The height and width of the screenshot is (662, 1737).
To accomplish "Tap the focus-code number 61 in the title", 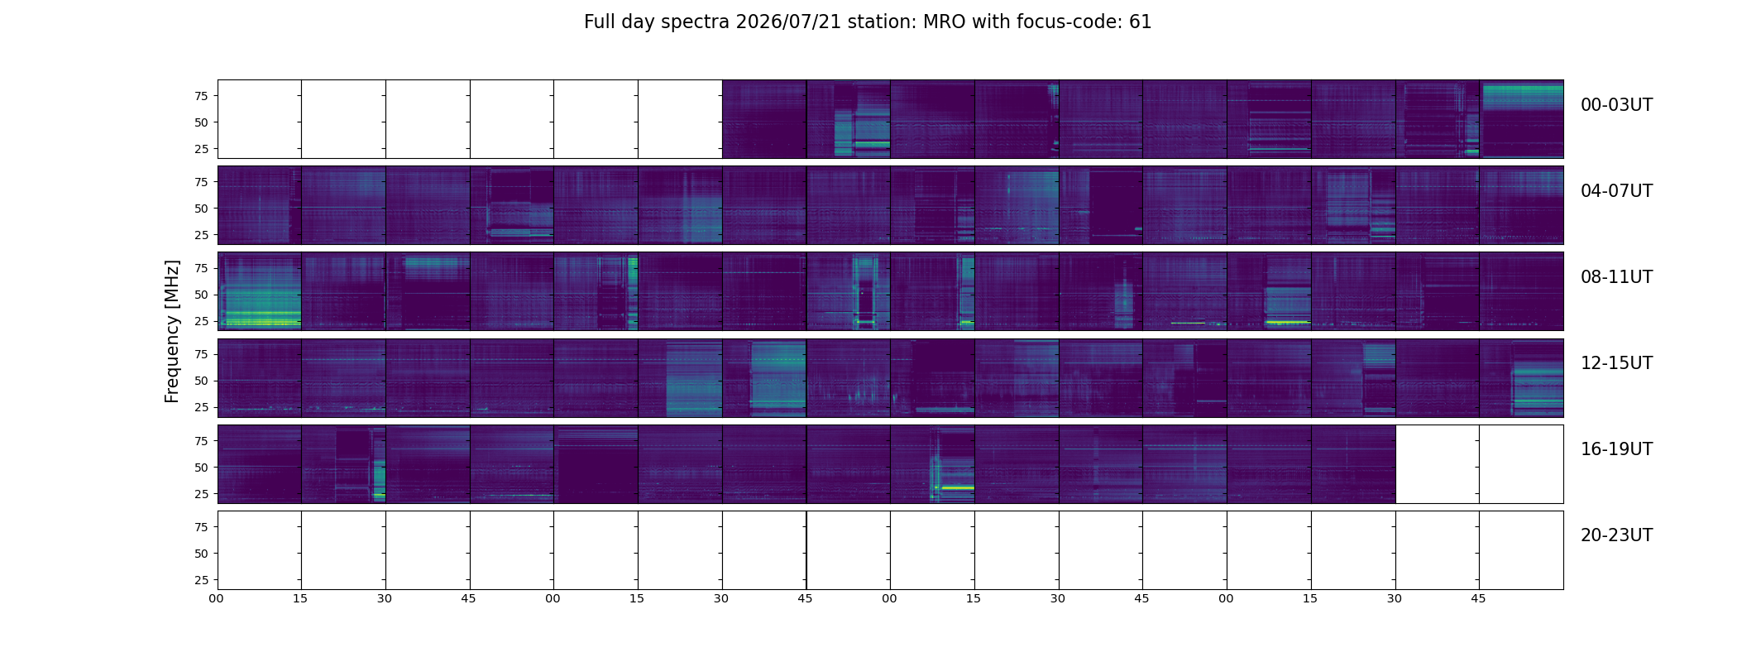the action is (1141, 22).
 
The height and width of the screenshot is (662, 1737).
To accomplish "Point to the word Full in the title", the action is (598, 22).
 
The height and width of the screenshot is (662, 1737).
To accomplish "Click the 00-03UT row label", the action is (1616, 105).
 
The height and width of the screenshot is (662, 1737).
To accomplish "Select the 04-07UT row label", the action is (1616, 191).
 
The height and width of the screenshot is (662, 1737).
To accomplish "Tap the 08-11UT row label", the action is (1616, 277).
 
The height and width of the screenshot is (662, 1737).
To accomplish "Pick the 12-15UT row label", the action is (1616, 363).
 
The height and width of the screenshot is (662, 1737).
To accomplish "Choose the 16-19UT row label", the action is (1616, 449).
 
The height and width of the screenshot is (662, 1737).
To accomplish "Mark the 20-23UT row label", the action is (1616, 535).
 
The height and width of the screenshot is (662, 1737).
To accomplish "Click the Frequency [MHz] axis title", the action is (172, 332).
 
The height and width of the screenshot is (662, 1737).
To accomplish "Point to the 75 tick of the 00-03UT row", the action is (201, 96).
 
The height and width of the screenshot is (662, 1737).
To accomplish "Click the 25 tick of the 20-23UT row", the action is (201, 580).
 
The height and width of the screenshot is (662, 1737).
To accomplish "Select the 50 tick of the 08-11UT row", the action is (201, 295).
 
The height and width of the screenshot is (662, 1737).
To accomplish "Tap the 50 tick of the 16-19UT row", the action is (201, 468).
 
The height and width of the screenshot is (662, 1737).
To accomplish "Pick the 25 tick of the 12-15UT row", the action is (201, 408).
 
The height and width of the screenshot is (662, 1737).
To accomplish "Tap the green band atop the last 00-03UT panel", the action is (1521, 97).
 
